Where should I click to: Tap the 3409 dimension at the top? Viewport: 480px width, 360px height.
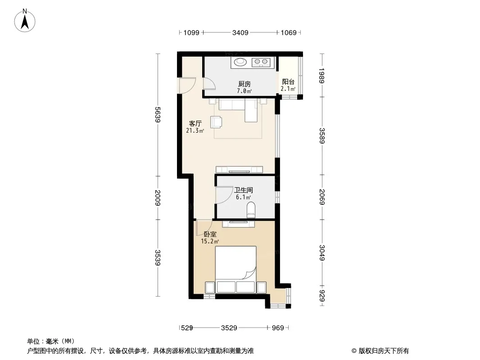[x=240, y=32]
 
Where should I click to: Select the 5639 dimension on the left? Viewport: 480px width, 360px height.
[x=158, y=114]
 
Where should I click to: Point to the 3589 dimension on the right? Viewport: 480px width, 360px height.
[x=322, y=135]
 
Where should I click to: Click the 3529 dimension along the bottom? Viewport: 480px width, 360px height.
[x=229, y=328]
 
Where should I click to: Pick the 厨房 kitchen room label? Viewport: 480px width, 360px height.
[x=245, y=84]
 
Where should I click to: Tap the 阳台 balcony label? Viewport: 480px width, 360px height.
[x=288, y=81]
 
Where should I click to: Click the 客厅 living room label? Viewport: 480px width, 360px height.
[x=195, y=124]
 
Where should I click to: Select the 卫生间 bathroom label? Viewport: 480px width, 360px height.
[x=243, y=190]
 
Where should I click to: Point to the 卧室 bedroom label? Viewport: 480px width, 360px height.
[x=210, y=234]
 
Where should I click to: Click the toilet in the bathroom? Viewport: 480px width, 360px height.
[x=251, y=210]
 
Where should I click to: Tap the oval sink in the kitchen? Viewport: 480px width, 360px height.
[x=240, y=62]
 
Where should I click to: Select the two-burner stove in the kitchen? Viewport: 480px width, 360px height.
[x=261, y=63]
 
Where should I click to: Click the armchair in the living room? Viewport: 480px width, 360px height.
[x=217, y=122]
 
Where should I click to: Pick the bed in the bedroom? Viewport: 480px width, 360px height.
[x=235, y=270]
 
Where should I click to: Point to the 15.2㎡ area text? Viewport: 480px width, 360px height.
[x=210, y=241]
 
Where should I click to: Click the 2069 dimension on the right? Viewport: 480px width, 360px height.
[x=322, y=197]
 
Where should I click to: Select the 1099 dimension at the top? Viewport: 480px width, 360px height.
[x=191, y=32]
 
